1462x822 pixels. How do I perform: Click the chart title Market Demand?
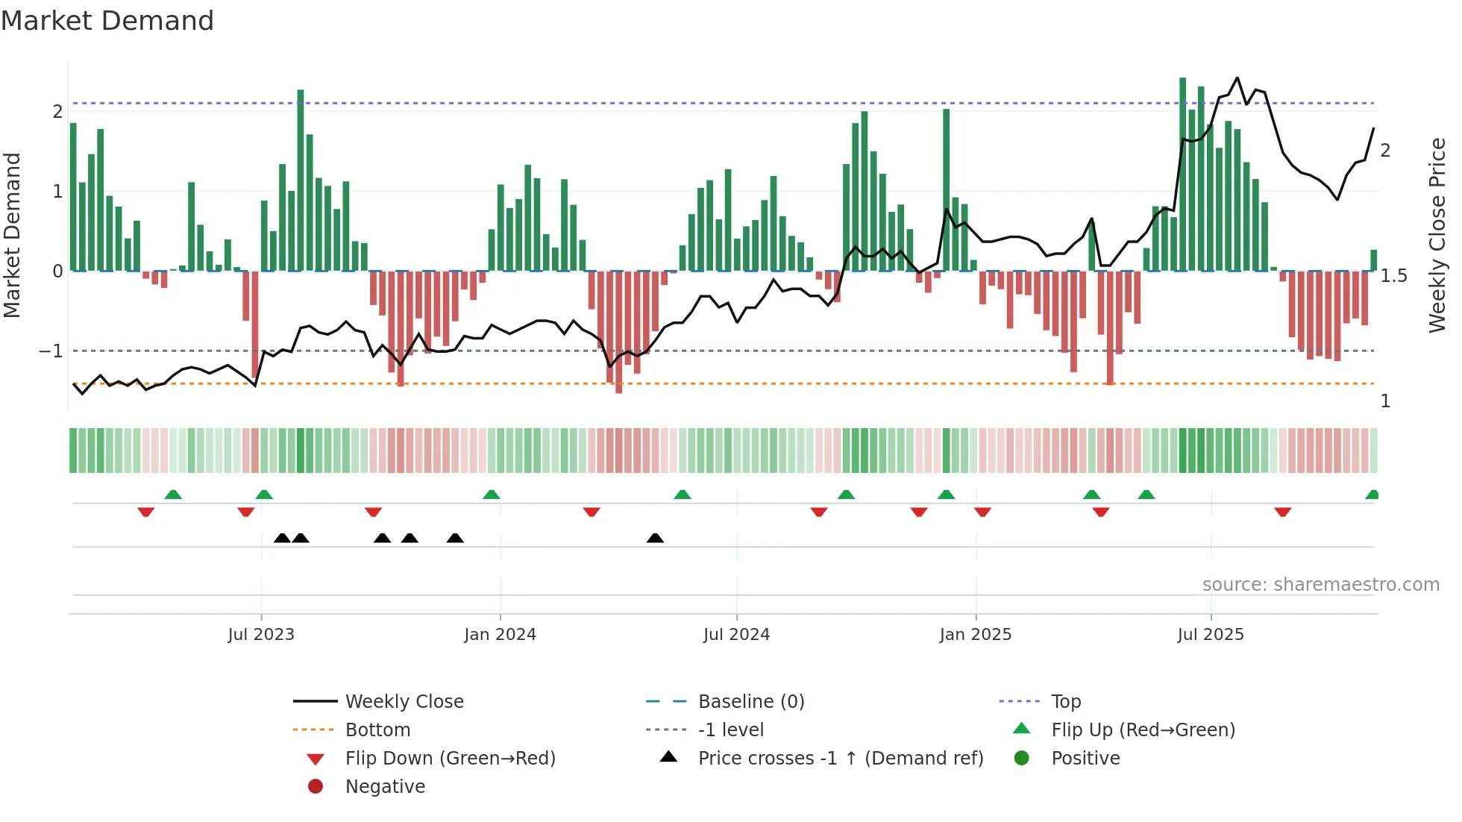(x=107, y=21)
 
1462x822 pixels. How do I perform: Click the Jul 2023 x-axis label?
(x=261, y=635)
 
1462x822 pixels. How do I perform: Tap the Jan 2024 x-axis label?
(x=500, y=635)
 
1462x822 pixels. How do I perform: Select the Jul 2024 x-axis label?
(x=736, y=635)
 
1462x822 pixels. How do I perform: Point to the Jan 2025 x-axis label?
(x=975, y=635)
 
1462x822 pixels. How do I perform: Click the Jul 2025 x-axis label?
(x=1211, y=635)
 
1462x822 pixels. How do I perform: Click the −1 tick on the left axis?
(x=51, y=351)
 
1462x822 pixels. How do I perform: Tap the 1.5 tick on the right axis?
(x=1393, y=276)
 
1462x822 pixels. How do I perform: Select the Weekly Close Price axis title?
(x=1437, y=235)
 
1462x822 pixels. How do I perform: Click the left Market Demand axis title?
(x=12, y=235)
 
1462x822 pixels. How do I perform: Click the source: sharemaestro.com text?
(x=1320, y=585)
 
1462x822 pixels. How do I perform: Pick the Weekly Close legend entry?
(x=404, y=702)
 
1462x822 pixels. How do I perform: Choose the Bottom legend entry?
(x=377, y=730)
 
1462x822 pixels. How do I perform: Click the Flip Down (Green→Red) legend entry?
(x=450, y=759)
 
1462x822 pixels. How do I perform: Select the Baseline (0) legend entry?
(x=750, y=702)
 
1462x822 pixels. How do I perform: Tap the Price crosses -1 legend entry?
(x=840, y=759)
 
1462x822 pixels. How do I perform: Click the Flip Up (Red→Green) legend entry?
(x=1143, y=730)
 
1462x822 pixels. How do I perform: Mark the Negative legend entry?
(x=385, y=787)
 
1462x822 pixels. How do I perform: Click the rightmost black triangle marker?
(x=655, y=539)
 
